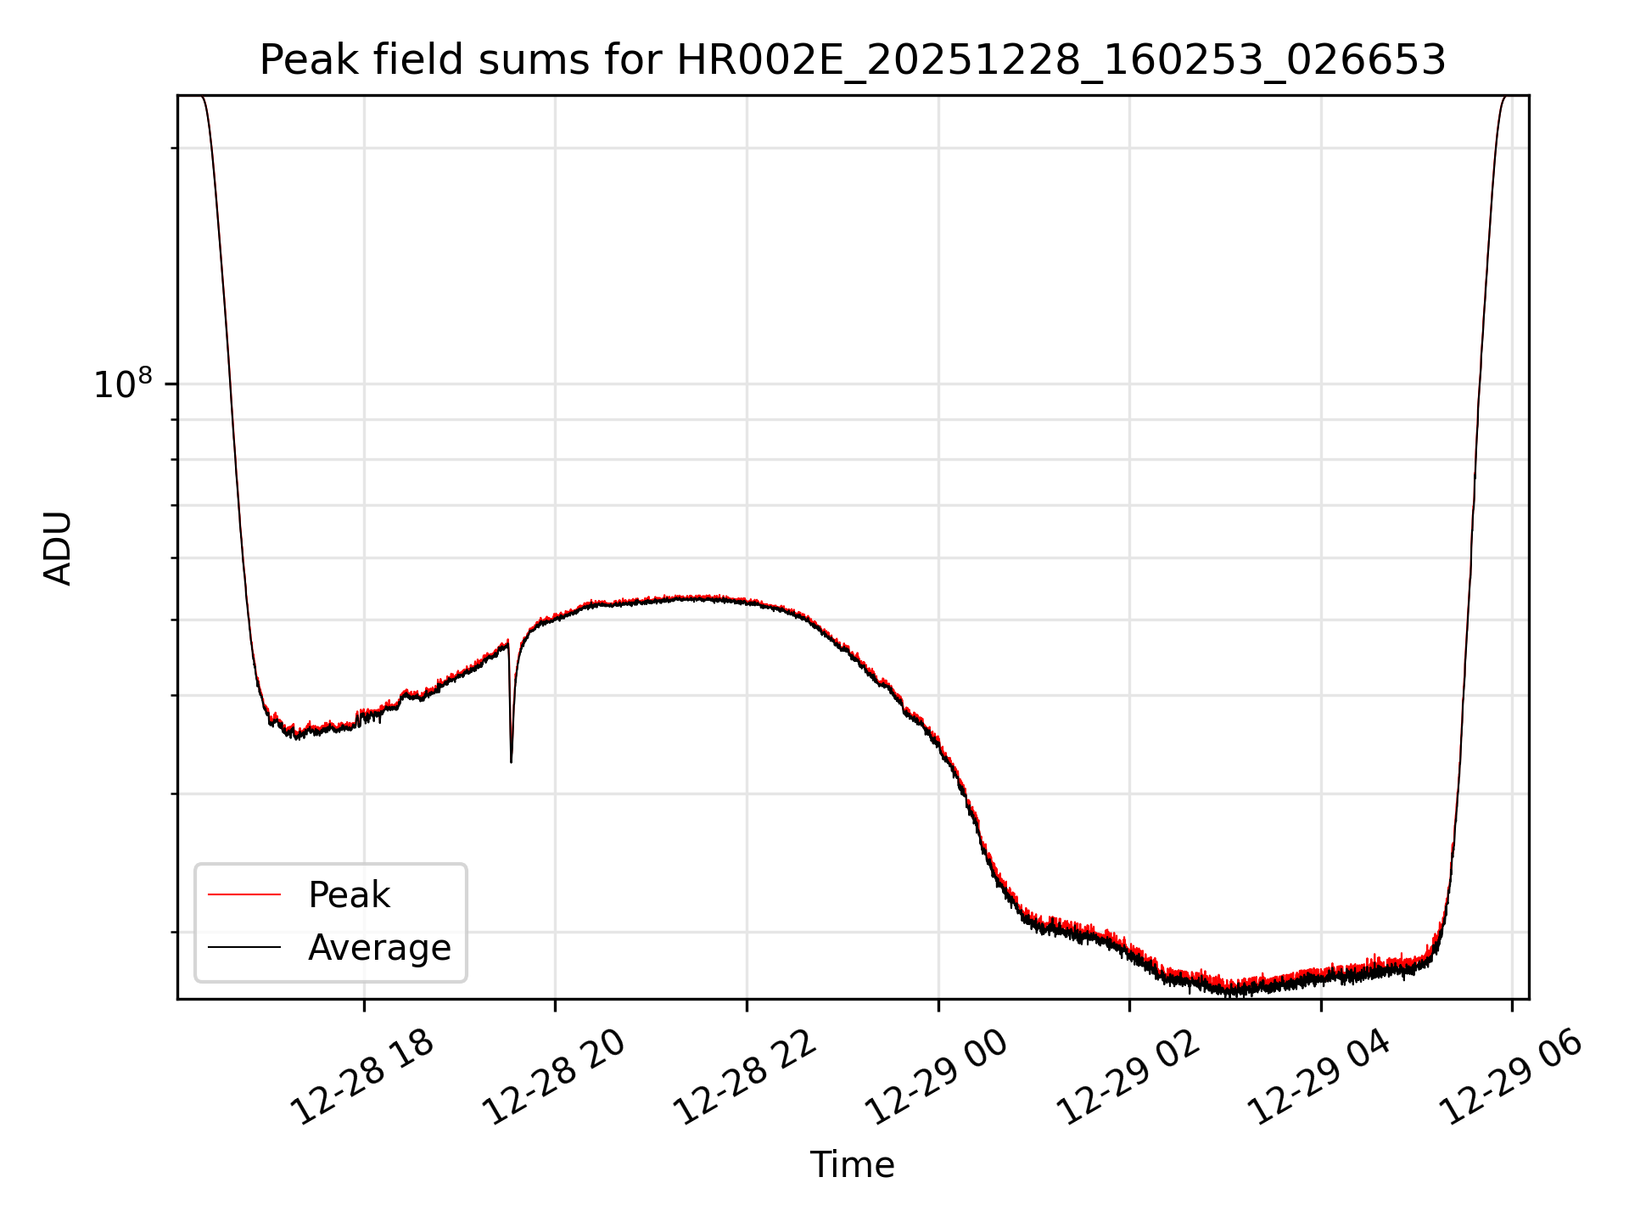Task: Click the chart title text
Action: (852, 60)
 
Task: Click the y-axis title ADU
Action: (58, 548)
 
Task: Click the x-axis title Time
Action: (852, 1165)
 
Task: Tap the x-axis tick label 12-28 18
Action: (363, 1079)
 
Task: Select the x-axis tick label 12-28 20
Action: (554, 1079)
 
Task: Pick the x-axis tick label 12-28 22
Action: (746, 1079)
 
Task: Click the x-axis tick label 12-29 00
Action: (937, 1079)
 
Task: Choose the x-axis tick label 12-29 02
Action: (1128, 1079)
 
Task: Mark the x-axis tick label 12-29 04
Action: (1319, 1079)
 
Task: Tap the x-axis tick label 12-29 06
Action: (1511, 1079)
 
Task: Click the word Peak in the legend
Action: (349, 895)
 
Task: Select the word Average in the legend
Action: (379, 948)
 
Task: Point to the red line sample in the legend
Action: (244, 894)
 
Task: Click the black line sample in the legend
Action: (244, 947)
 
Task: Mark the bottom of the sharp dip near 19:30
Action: (511, 761)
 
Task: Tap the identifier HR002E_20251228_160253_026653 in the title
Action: (1061, 60)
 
